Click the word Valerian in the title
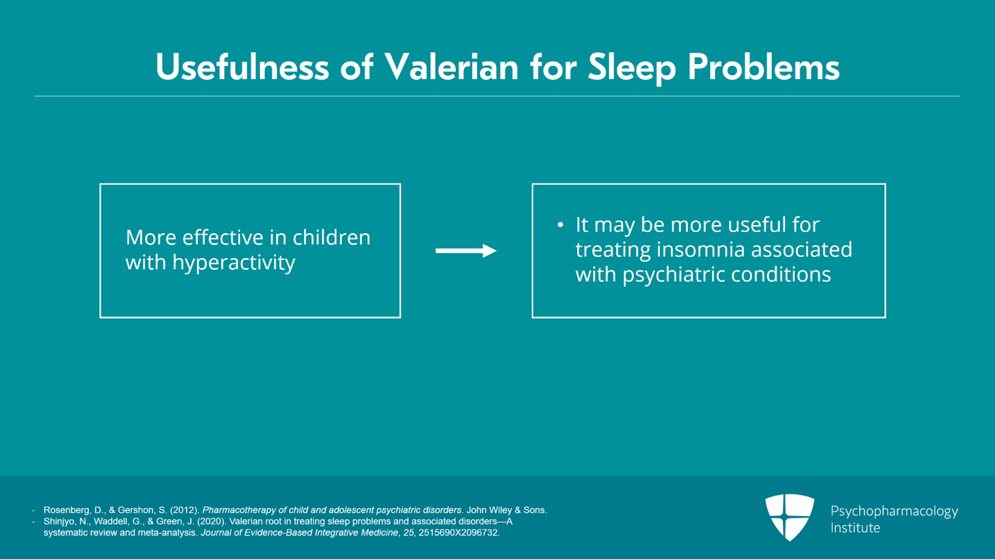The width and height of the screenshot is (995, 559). coord(451,68)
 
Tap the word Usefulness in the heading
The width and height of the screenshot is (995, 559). coord(243,68)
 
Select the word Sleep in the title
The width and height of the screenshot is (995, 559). coord(632,69)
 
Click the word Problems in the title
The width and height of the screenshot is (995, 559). coord(764,68)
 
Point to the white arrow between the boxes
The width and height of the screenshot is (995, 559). coord(466,251)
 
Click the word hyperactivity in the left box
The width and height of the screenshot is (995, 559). coord(234,263)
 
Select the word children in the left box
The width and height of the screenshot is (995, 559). coord(331,237)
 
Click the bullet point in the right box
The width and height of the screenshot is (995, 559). coord(560,225)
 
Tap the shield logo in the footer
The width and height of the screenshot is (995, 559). coord(790,517)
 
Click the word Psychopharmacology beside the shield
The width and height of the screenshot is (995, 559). coord(894,512)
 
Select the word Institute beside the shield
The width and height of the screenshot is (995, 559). coord(855,528)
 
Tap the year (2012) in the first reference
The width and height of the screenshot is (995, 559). coord(185,510)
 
